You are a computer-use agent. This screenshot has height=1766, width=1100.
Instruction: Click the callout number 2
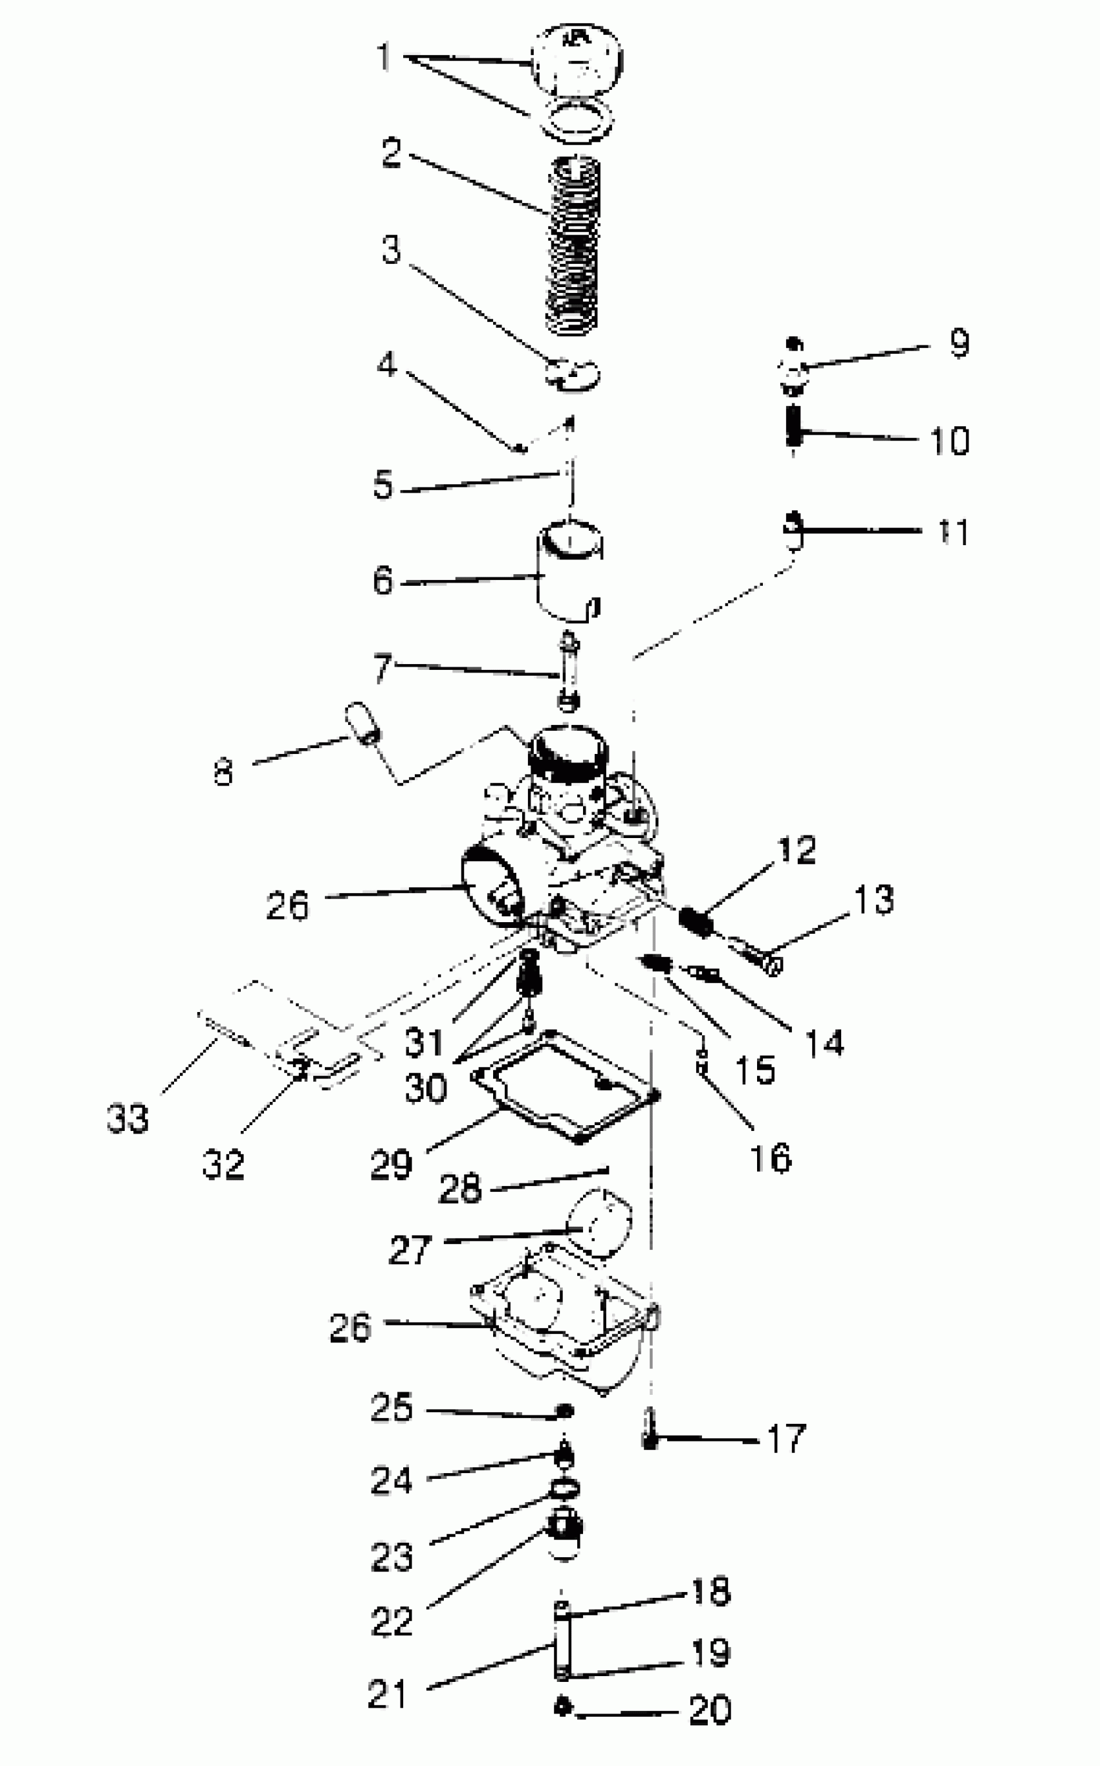tap(391, 153)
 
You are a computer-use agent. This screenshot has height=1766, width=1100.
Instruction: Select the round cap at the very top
tap(577, 58)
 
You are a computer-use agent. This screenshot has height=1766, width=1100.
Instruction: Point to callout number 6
tap(382, 581)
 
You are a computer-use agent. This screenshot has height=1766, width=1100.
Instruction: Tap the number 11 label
tap(953, 532)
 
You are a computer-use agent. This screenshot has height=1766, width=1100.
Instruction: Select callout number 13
tap(874, 899)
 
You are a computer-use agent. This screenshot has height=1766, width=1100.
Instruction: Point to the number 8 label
tap(223, 772)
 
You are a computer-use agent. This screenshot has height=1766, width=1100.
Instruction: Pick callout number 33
tap(128, 1117)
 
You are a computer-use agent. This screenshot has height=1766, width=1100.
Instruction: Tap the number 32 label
tap(223, 1164)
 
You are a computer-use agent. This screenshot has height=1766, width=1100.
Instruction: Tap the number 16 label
tap(771, 1158)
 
